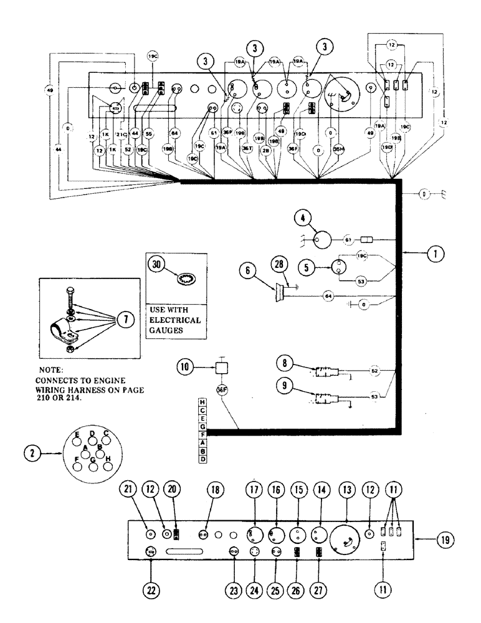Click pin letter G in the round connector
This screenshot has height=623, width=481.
[92, 460]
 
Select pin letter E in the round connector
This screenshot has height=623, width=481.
[77, 434]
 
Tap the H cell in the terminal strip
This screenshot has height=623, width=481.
[202, 402]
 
